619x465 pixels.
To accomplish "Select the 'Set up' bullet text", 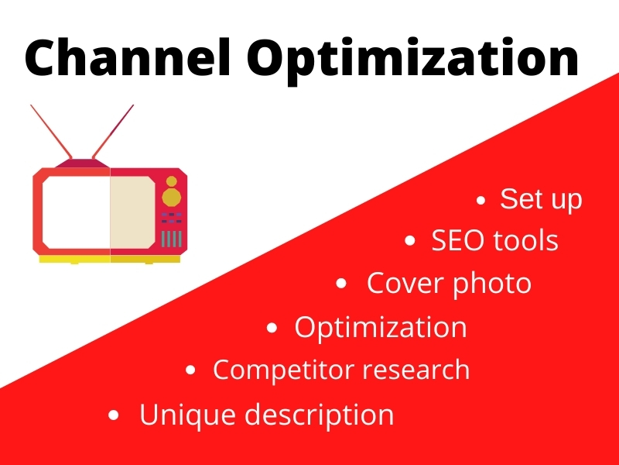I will (x=541, y=199).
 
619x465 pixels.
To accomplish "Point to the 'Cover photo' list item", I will (x=449, y=284).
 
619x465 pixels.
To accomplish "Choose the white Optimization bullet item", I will (x=380, y=327).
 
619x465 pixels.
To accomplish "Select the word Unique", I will (x=186, y=415).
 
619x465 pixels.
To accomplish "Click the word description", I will (x=320, y=415).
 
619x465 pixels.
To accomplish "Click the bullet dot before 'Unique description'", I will (x=115, y=416).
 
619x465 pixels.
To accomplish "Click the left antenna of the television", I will (x=51, y=131).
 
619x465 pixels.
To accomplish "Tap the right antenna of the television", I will (x=113, y=131).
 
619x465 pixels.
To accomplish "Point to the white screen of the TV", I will (x=76, y=211).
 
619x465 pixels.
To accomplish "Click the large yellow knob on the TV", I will (x=172, y=198).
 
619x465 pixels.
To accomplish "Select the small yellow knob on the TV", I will (x=172, y=181).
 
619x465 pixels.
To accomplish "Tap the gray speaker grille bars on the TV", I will (x=172, y=238).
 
